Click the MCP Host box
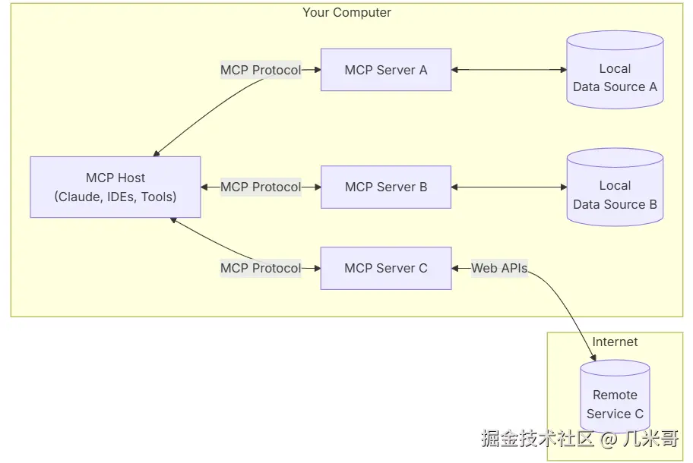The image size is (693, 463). tap(115, 187)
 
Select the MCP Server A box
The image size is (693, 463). tap(386, 70)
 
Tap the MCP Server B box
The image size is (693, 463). tap(386, 187)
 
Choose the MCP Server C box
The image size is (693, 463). tap(386, 269)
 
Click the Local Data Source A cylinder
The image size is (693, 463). tap(615, 70)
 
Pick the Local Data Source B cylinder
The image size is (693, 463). tap(615, 187)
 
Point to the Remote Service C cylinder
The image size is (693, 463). tap(615, 396)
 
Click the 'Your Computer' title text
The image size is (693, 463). tap(346, 12)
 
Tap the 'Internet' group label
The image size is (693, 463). tap(615, 342)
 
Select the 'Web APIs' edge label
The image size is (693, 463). tap(499, 269)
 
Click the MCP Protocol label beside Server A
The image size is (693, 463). tap(261, 70)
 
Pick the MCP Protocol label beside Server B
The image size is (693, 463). tap(261, 187)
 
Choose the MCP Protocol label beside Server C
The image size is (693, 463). tap(261, 269)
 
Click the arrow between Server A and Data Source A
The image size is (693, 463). tap(508, 70)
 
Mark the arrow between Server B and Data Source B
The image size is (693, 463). tap(508, 187)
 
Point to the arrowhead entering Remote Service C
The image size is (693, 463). tap(593, 357)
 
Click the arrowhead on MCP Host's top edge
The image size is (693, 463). tap(156, 153)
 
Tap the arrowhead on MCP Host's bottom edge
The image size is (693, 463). tap(173, 220)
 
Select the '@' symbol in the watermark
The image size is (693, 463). tap(609, 439)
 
